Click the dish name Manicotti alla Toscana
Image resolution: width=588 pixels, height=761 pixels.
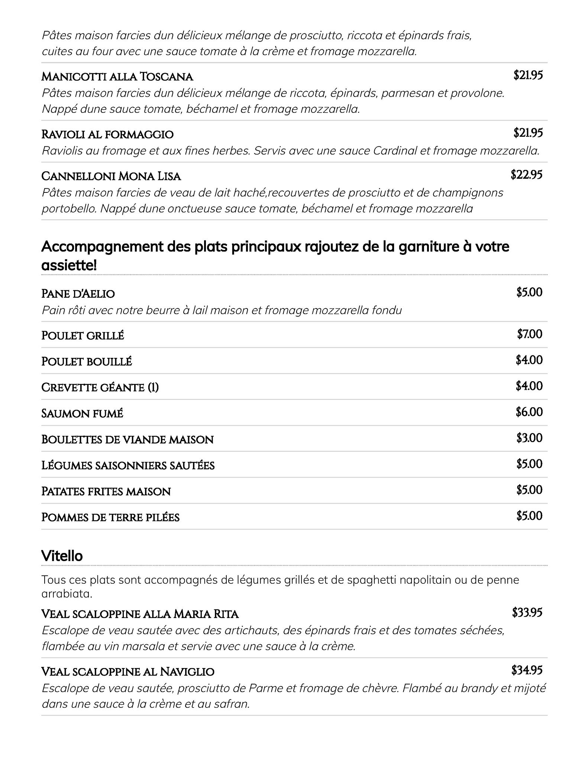[x=117, y=77]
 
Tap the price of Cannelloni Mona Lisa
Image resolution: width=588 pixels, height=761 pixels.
[x=526, y=175]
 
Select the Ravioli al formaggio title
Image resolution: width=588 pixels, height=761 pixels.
[x=107, y=135]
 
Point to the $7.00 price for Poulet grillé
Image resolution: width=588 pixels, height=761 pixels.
[x=529, y=334]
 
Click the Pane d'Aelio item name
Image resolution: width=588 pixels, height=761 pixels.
[x=78, y=294]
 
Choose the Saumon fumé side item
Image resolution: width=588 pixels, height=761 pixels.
[x=82, y=414]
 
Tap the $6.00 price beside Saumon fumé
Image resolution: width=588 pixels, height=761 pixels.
[x=529, y=412]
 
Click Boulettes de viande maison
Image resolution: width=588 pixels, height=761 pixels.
[x=127, y=440]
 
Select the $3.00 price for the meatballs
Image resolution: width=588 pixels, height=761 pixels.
[x=529, y=438]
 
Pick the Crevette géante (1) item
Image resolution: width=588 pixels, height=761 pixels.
[x=100, y=388]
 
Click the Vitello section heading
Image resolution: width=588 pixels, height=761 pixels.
[x=62, y=556]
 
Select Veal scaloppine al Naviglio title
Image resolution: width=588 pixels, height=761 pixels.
[x=128, y=672]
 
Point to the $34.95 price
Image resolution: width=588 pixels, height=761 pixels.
[x=527, y=670]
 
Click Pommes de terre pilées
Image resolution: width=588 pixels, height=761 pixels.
[x=110, y=518]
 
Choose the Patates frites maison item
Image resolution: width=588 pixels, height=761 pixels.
[x=106, y=492]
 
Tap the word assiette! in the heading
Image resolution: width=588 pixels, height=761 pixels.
[x=69, y=266]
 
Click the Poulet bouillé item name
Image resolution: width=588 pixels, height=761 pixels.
[x=87, y=362]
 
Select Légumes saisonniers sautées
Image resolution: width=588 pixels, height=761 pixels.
[x=128, y=466]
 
